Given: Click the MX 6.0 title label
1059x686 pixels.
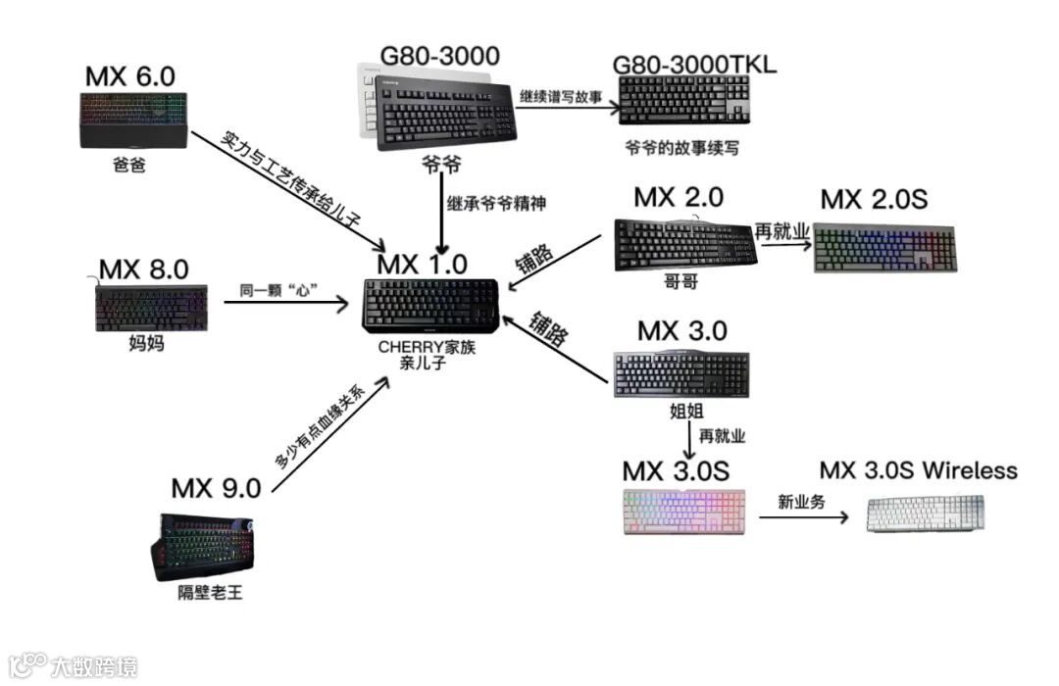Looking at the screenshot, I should pyautogui.click(x=130, y=75).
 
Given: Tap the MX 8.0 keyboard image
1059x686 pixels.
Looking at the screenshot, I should pyautogui.click(x=152, y=308).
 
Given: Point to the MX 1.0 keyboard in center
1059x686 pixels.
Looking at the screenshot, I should pyautogui.click(x=431, y=305).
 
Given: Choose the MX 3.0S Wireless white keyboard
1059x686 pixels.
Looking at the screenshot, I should pyautogui.click(x=925, y=513).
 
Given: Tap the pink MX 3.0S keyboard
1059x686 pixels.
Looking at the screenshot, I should pyautogui.click(x=683, y=511).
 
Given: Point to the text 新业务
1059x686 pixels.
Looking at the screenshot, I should pyautogui.click(x=801, y=501).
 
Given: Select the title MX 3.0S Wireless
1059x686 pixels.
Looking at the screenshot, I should pyautogui.click(x=918, y=470).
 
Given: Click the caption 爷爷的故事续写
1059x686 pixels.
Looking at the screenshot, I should pyautogui.click(x=681, y=148).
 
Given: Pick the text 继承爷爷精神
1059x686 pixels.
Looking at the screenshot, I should pyautogui.click(x=496, y=204).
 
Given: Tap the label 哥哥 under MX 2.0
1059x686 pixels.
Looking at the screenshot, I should pyautogui.click(x=684, y=279).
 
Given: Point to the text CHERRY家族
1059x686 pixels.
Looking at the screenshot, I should pyautogui.click(x=427, y=347).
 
